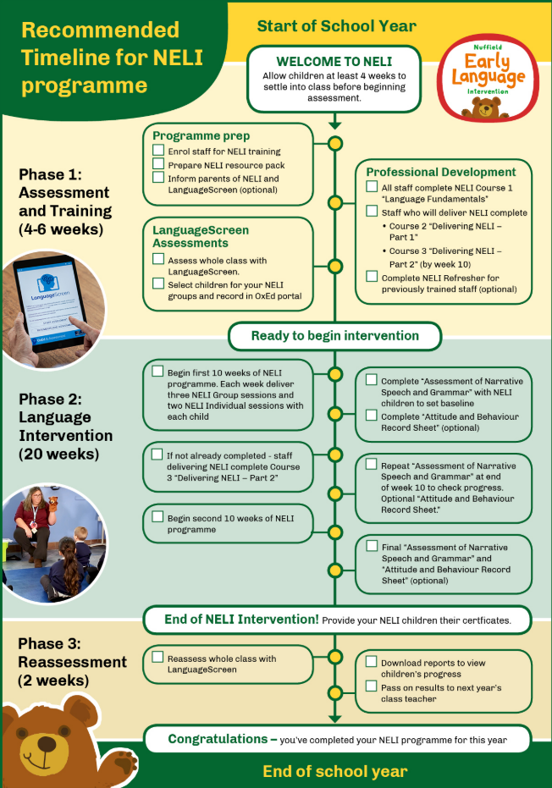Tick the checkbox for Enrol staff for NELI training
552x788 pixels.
[x=158, y=150]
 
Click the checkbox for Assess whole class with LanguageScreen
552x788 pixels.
[x=158, y=259]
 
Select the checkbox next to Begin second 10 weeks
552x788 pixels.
[x=158, y=516]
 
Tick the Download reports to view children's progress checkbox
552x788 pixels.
[x=372, y=661]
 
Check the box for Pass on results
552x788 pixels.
[x=372, y=686]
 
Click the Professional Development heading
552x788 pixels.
[x=440, y=172]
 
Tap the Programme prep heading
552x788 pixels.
[x=201, y=135]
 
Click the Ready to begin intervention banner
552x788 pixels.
[x=334, y=336]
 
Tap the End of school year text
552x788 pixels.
[x=334, y=771]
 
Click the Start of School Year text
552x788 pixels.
[x=336, y=25]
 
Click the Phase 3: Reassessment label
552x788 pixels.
[x=72, y=653]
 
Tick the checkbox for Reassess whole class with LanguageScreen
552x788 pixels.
[x=158, y=657]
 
